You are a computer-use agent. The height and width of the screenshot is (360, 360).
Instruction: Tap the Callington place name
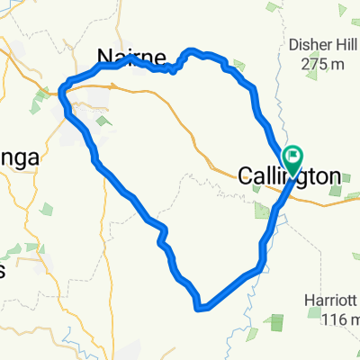pyautogui.click(x=290, y=176)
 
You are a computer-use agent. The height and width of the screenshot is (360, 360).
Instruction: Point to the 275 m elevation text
pyautogui.click(x=311, y=64)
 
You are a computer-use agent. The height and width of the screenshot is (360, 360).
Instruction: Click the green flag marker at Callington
pyautogui.click(x=293, y=158)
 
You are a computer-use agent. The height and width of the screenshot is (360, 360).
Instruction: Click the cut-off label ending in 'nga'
pyautogui.click(x=18, y=158)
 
